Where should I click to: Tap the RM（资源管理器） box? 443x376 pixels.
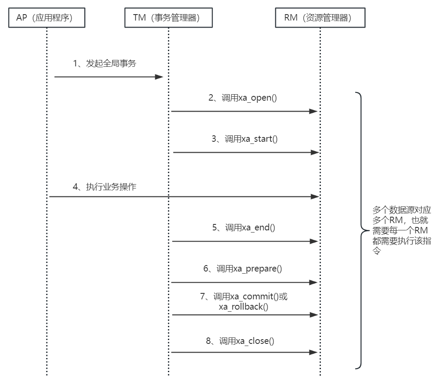[x=320, y=18]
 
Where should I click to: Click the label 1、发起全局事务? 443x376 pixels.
[x=105, y=63]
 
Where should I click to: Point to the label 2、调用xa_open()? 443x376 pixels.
[x=243, y=98]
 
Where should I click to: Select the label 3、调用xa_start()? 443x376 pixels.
[x=245, y=139]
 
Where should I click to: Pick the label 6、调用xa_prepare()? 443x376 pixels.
[x=243, y=269]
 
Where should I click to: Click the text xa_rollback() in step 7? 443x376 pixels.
[x=243, y=307]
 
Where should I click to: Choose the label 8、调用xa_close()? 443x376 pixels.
[x=243, y=341]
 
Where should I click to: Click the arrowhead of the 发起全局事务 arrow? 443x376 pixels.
[x=159, y=77]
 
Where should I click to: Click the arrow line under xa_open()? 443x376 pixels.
[x=240, y=111]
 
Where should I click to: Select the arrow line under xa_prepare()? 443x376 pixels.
[x=240, y=283]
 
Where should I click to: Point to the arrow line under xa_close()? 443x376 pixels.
[x=240, y=352]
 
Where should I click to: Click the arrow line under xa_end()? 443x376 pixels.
[x=240, y=242]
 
